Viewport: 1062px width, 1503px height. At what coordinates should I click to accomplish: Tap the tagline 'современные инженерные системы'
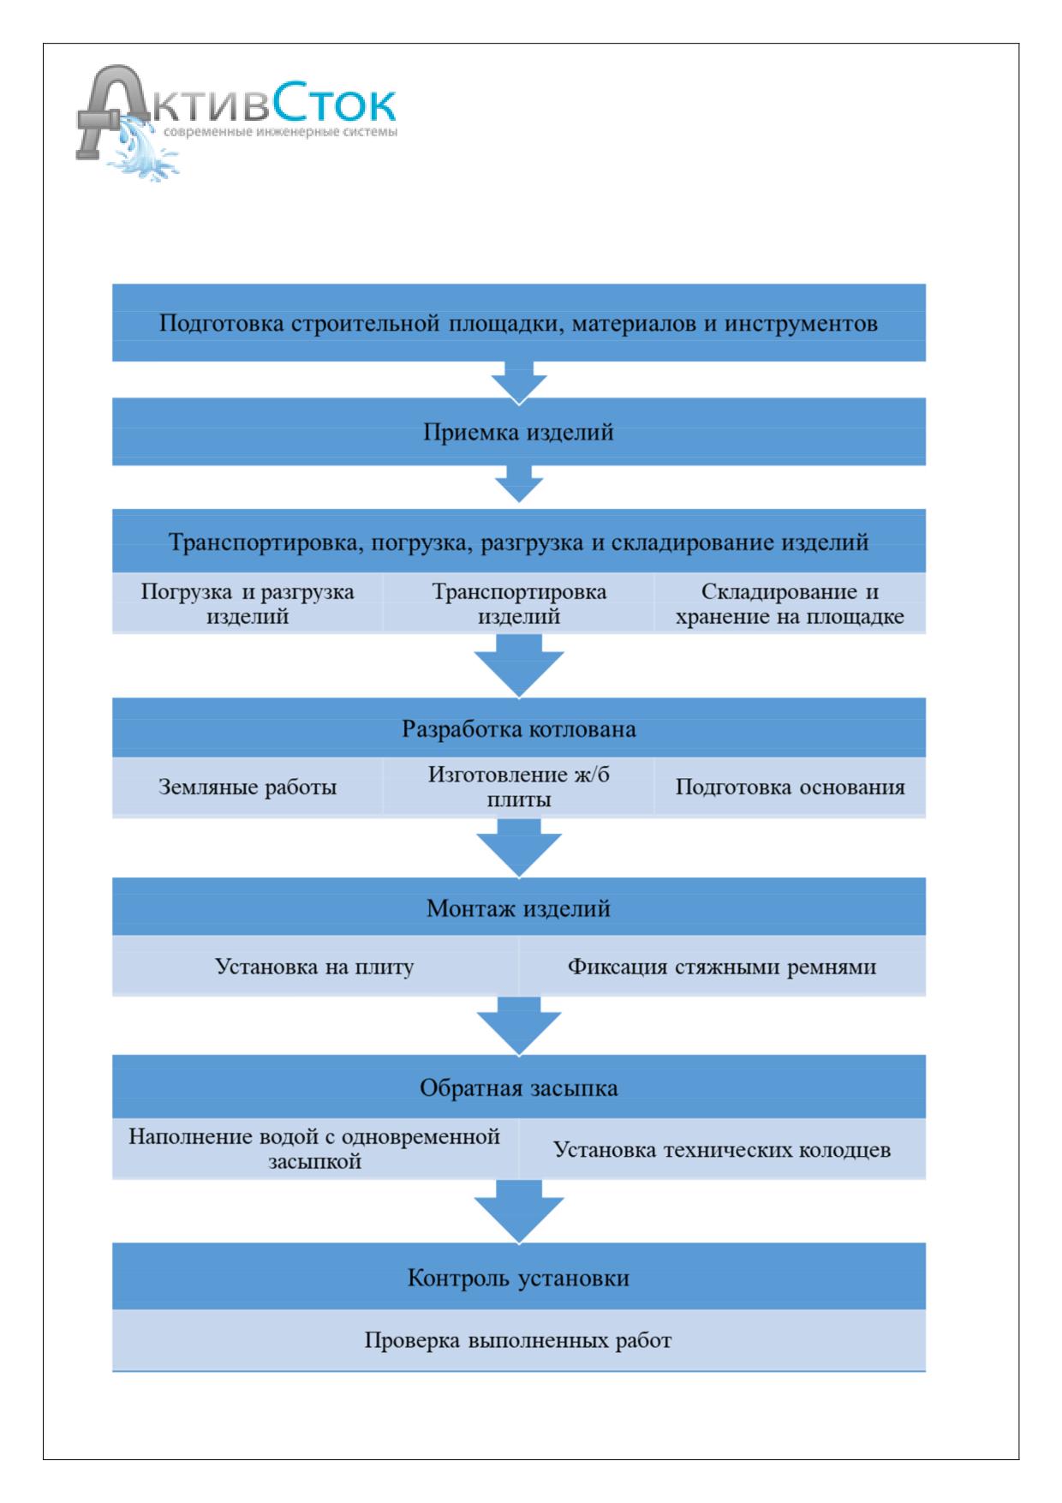click(x=279, y=132)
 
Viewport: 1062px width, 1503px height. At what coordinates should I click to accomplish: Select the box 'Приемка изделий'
click(x=519, y=433)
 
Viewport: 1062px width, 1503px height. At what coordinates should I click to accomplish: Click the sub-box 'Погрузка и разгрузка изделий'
click(x=248, y=603)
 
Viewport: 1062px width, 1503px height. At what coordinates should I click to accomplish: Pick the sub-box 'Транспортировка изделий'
click(x=519, y=603)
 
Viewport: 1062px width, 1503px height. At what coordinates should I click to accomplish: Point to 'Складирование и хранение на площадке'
click(x=790, y=603)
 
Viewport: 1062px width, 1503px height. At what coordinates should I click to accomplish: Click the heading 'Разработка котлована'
click(x=519, y=729)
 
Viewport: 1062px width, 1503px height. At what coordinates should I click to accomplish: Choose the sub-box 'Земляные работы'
click(x=248, y=787)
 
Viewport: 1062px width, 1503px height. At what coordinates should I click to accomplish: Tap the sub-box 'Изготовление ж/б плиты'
click(x=519, y=787)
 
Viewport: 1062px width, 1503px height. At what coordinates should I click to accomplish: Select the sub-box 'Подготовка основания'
click(x=790, y=787)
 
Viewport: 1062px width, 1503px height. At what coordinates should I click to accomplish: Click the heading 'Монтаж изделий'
click(x=519, y=908)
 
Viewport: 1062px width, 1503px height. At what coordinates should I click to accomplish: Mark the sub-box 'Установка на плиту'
click(x=315, y=967)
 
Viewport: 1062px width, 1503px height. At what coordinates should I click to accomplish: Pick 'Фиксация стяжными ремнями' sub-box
click(x=722, y=967)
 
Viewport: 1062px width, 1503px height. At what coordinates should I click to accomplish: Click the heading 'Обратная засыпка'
click(x=519, y=1088)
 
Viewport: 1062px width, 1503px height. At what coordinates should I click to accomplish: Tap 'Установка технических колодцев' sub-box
click(x=722, y=1149)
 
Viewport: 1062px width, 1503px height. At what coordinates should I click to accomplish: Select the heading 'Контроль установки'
click(x=519, y=1278)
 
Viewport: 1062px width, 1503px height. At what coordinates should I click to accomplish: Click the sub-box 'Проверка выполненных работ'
click(x=519, y=1340)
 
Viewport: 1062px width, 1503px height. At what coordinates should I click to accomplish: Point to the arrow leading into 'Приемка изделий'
click(x=519, y=380)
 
